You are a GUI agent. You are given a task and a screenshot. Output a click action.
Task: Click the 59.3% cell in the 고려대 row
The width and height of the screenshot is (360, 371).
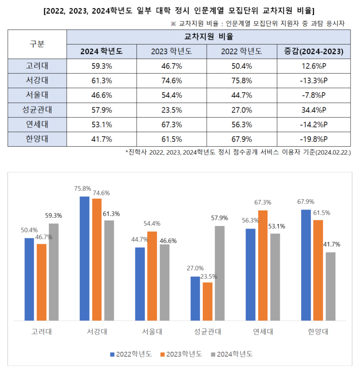[102, 66]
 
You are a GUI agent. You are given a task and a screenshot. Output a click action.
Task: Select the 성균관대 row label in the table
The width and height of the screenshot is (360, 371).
[37, 110]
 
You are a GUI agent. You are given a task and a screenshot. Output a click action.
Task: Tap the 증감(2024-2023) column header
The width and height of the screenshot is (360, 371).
[314, 52]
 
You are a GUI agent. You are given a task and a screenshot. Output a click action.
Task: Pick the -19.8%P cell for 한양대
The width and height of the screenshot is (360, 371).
[314, 139]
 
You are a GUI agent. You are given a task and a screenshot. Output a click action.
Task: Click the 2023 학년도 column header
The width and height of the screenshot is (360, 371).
[172, 52]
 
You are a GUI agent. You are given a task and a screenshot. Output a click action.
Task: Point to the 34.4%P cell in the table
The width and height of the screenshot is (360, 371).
[314, 110]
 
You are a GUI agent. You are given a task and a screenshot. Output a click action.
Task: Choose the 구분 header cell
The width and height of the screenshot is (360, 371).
[37, 44]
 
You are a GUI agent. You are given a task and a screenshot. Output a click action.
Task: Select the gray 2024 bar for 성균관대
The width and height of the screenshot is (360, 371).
[220, 273]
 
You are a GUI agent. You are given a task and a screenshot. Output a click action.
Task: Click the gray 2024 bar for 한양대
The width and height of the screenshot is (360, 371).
[331, 286]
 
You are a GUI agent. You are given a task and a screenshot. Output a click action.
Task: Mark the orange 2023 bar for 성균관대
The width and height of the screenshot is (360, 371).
[208, 301]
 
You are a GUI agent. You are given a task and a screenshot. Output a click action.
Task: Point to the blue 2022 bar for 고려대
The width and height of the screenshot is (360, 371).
[29, 279]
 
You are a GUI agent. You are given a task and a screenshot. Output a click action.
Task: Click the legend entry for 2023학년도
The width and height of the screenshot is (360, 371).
[182, 354]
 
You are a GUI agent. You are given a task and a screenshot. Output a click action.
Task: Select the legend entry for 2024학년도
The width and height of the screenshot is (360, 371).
[232, 354]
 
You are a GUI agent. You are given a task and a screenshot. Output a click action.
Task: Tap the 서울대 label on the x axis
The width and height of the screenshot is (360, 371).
[152, 332]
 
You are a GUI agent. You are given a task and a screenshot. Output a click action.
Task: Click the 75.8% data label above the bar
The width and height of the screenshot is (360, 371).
[83, 189]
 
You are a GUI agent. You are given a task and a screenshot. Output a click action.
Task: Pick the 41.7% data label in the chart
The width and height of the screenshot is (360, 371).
[331, 244]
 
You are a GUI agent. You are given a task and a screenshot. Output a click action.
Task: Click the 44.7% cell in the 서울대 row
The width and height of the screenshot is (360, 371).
[242, 95]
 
